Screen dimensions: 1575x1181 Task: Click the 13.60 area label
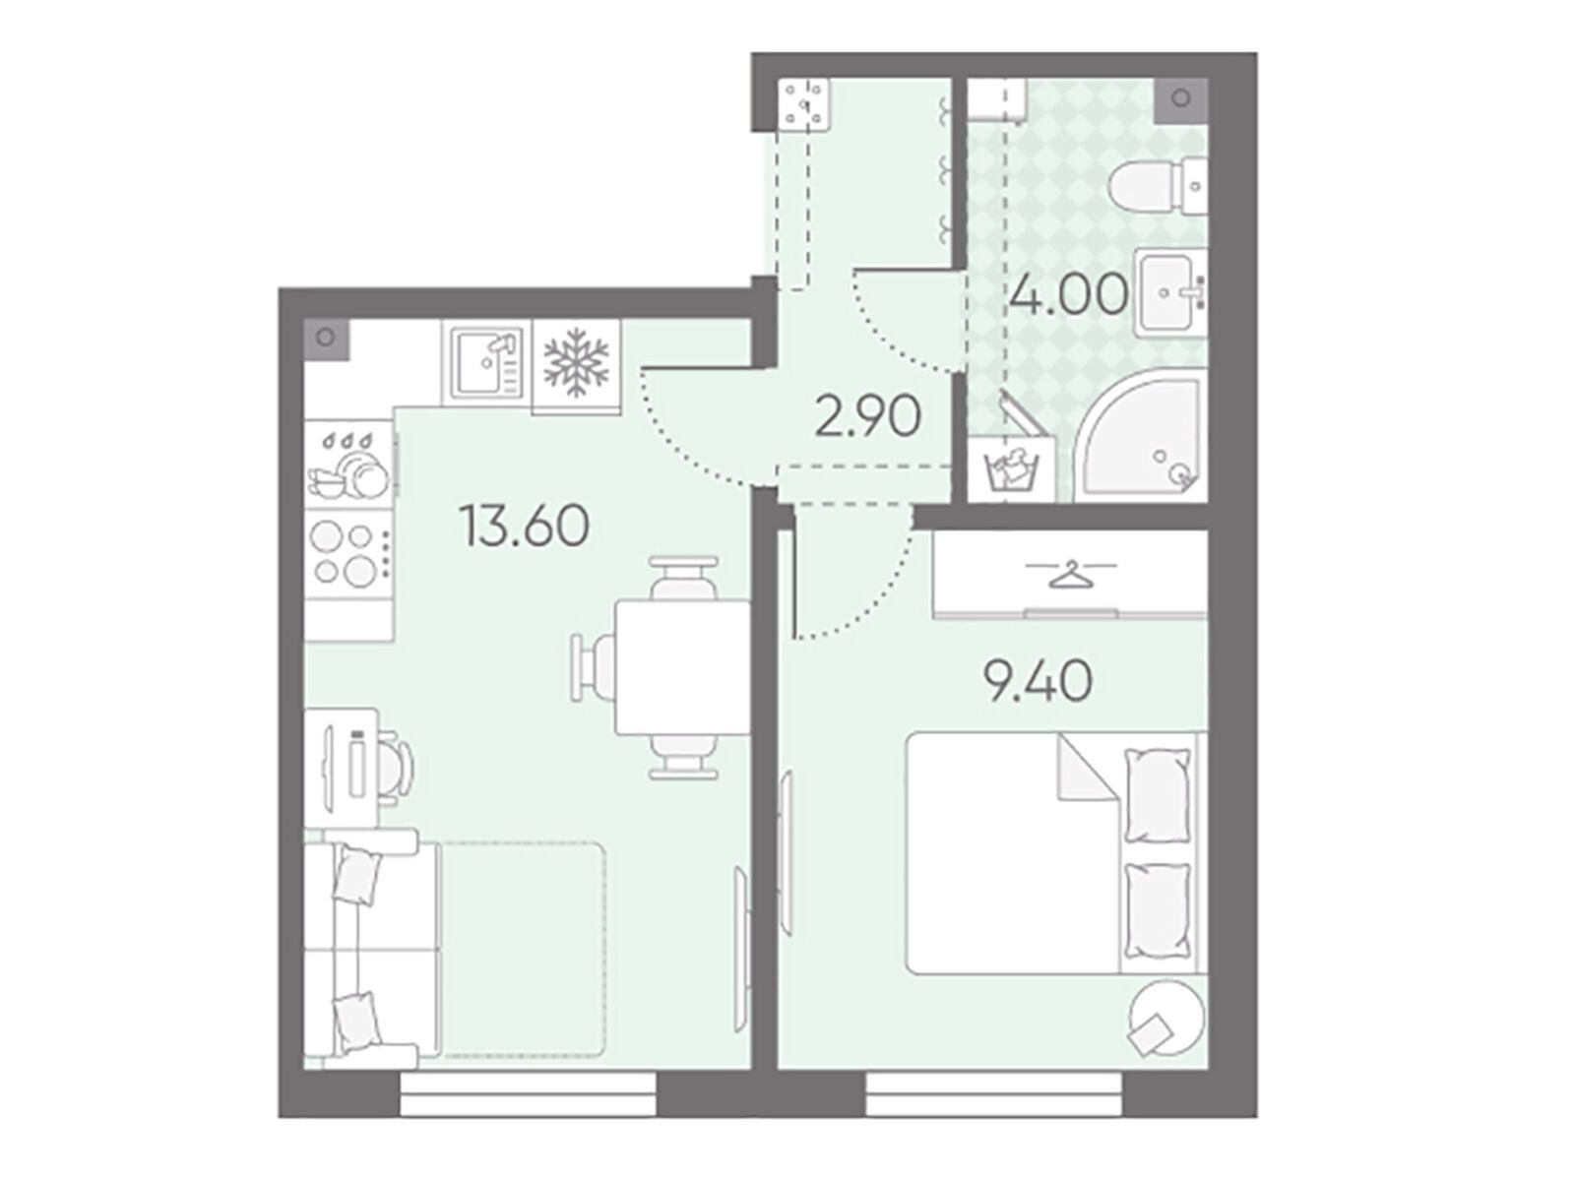525,526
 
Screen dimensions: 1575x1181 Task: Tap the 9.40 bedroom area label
1037,681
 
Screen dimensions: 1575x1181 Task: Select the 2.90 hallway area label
867,417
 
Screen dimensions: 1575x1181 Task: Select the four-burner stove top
349,553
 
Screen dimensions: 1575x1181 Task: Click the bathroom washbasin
1171,291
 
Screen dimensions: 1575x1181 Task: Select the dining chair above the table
684,578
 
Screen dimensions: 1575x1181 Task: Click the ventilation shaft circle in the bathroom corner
1180,98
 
